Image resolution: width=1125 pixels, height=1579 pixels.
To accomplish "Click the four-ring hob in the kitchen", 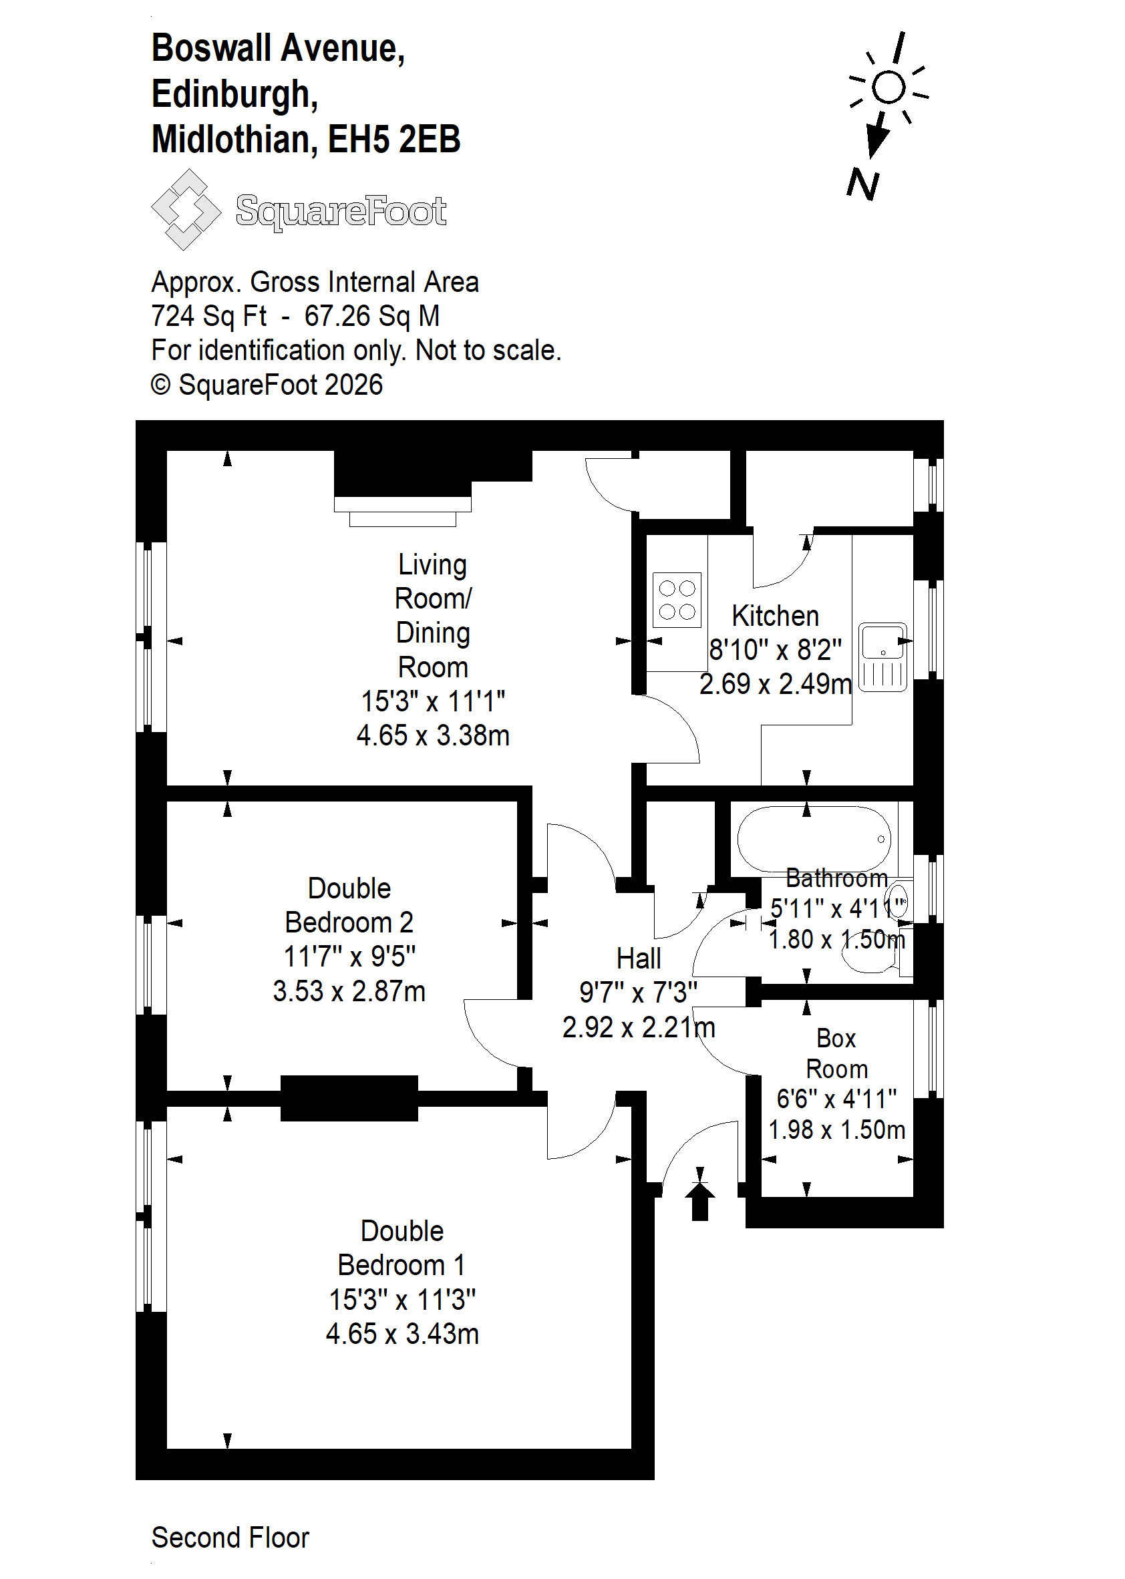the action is [x=676, y=600].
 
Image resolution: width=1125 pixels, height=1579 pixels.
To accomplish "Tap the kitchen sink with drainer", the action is [x=882, y=657].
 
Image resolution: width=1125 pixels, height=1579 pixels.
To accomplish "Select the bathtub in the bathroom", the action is [x=814, y=839].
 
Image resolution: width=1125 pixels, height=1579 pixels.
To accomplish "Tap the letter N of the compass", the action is [x=863, y=185].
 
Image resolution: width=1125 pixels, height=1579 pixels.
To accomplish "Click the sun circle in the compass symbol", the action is [x=889, y=87].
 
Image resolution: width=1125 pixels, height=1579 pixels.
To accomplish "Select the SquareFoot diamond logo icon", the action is [x=186, y=209].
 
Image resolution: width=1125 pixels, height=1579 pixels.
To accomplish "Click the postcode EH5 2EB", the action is [x=394, y=139].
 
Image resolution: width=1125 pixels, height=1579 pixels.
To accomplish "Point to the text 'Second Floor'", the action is [x=230, y=1537].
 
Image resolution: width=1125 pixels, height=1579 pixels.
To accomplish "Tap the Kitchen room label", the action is [x=775, y=616].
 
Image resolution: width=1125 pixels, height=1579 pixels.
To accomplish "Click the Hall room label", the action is [x=639, y=958].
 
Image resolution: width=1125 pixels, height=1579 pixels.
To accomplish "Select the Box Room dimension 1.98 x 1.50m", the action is [x=837, y=1129].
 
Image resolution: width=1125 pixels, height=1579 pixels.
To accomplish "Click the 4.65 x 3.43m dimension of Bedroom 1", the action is [x=402, y=1333].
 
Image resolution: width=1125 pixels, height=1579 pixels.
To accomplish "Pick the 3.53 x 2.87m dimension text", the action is [x=349, y=991].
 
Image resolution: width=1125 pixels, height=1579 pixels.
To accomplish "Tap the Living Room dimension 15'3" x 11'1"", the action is [x=433, y=701].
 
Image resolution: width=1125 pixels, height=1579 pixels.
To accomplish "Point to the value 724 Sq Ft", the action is [x=208, y=316].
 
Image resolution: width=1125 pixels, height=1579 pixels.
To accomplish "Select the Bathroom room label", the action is [x=837, y=878].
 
